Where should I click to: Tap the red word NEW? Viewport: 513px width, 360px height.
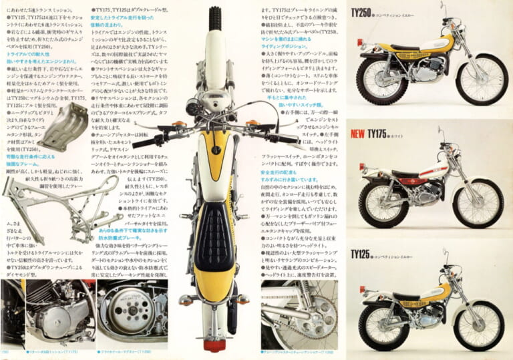357,134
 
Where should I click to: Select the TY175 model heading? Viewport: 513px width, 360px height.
377,134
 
